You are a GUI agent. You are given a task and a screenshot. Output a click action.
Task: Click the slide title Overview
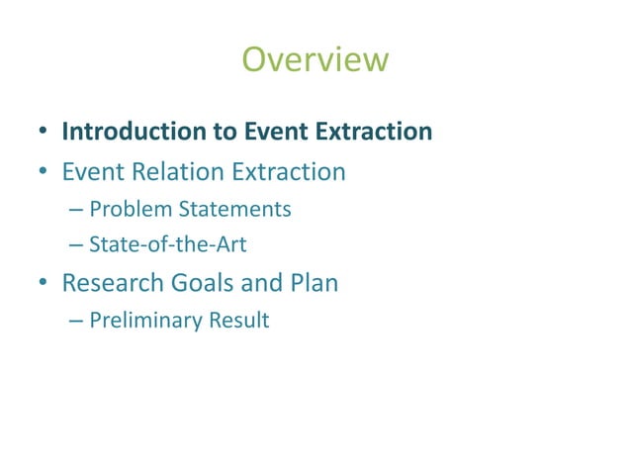pyautogui.click(x=315, y=60)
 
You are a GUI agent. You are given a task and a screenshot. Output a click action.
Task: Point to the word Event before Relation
pyautogui.click(x=91, y=173)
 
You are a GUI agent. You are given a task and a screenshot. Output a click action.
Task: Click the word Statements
pyautogui.click(x=232, y=210)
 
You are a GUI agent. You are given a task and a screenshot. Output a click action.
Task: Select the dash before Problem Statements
pyautogui.click(x=77, y=211)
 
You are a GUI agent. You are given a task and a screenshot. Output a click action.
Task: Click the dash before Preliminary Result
pyautogui.click(x=77, y=322)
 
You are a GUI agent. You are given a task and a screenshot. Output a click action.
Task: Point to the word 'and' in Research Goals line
pyautogui.click(x=263, y=284)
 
